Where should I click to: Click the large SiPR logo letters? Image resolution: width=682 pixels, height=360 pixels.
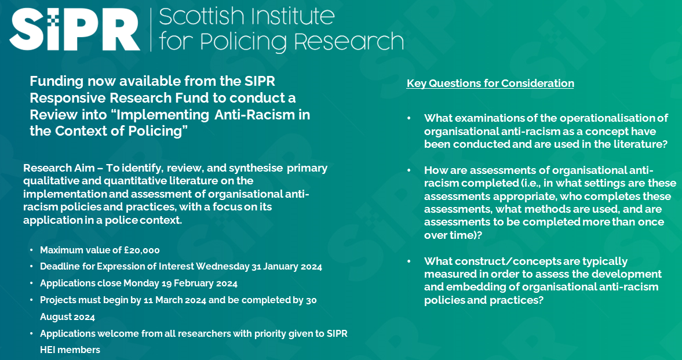pyautogui.click(x=75, y=29)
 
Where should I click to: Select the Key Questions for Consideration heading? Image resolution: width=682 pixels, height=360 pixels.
pyautogui.click(x=490, y=83)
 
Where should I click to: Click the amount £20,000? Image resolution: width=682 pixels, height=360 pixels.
pyautogui.click(x=142, y=250)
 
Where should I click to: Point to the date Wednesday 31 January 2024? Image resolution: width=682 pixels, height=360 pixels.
pyautogui.click(x=259, y=267)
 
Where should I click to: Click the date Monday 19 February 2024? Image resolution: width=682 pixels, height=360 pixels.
pyautogui.click(x=181, y=283)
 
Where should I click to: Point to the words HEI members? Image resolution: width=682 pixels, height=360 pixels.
pyautogui.click(x=70, y=350)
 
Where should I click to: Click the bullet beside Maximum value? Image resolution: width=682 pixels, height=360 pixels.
pyautogui.click(x=31, y=250)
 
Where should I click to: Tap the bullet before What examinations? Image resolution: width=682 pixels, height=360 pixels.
pyautogui.click(x=409, y=118)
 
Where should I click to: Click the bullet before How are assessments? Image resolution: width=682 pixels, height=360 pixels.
pyautogui.click(x=409, y=170)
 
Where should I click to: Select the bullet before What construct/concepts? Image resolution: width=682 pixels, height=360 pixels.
pyautogui.click(x=409, y=261)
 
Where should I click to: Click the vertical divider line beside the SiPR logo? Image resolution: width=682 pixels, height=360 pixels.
pyautogui.click(x=151, y=29)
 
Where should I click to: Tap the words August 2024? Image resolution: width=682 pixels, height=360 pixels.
pyautogui.click(x=67, y=317)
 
